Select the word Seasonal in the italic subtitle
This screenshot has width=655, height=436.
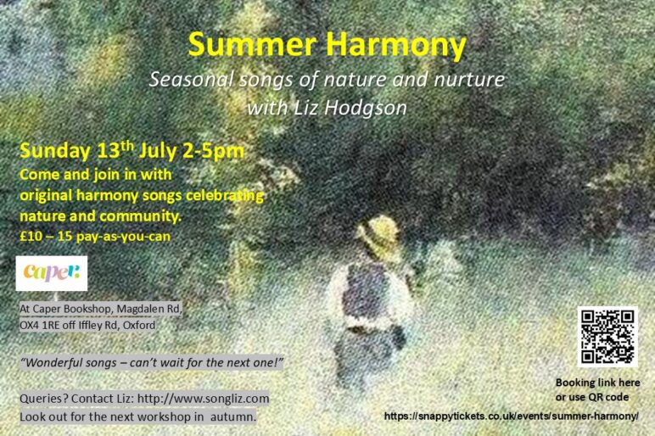(191, 80)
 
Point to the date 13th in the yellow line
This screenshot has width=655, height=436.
(115, 150)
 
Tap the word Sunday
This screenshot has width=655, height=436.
(54, 151)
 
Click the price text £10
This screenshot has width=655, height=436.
(31, 237)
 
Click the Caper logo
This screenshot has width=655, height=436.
(52, 273)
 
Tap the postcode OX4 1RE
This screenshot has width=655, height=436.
(40, 325)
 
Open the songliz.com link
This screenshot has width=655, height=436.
(203, 399)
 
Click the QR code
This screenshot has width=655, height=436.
(607, 337)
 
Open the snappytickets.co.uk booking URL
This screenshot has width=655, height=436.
(512, 416)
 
